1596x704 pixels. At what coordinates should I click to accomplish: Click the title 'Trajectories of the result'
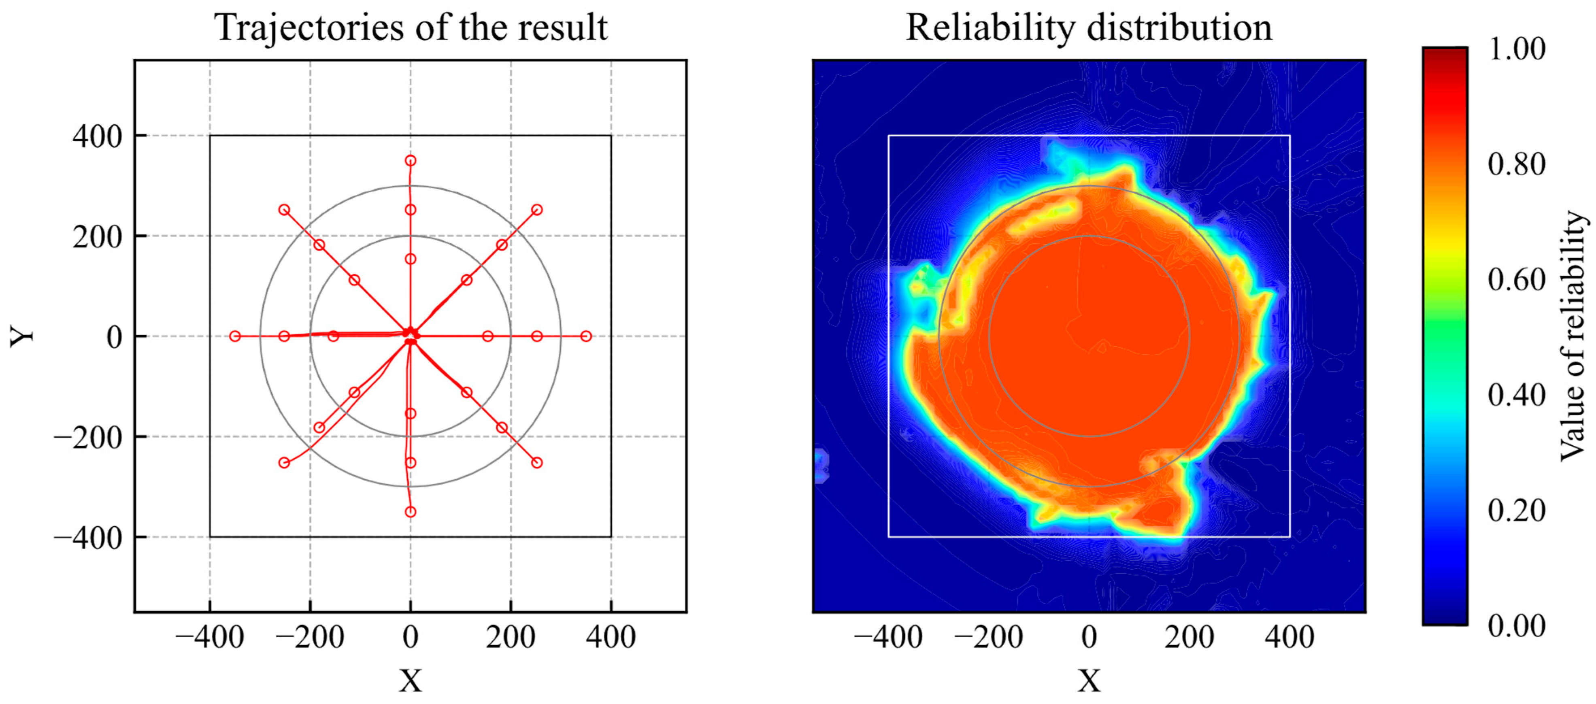(411, 28)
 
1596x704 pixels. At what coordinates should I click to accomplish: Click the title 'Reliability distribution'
(1089, 28)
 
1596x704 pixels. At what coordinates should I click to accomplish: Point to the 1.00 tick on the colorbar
(1516, 49)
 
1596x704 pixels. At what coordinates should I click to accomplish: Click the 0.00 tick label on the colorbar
(1516, 626)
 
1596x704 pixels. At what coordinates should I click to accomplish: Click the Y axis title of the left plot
(23, 336)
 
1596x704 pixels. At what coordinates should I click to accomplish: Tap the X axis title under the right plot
(1089, 681)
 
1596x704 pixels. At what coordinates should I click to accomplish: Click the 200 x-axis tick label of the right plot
(1189, 637)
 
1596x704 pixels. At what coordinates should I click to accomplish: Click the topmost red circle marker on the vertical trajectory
(410, 160)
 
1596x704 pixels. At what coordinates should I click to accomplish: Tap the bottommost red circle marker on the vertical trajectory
(410, 512)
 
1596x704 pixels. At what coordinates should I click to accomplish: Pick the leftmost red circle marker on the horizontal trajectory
(235, 336)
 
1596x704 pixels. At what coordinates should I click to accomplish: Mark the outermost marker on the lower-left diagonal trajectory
(284, 463)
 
